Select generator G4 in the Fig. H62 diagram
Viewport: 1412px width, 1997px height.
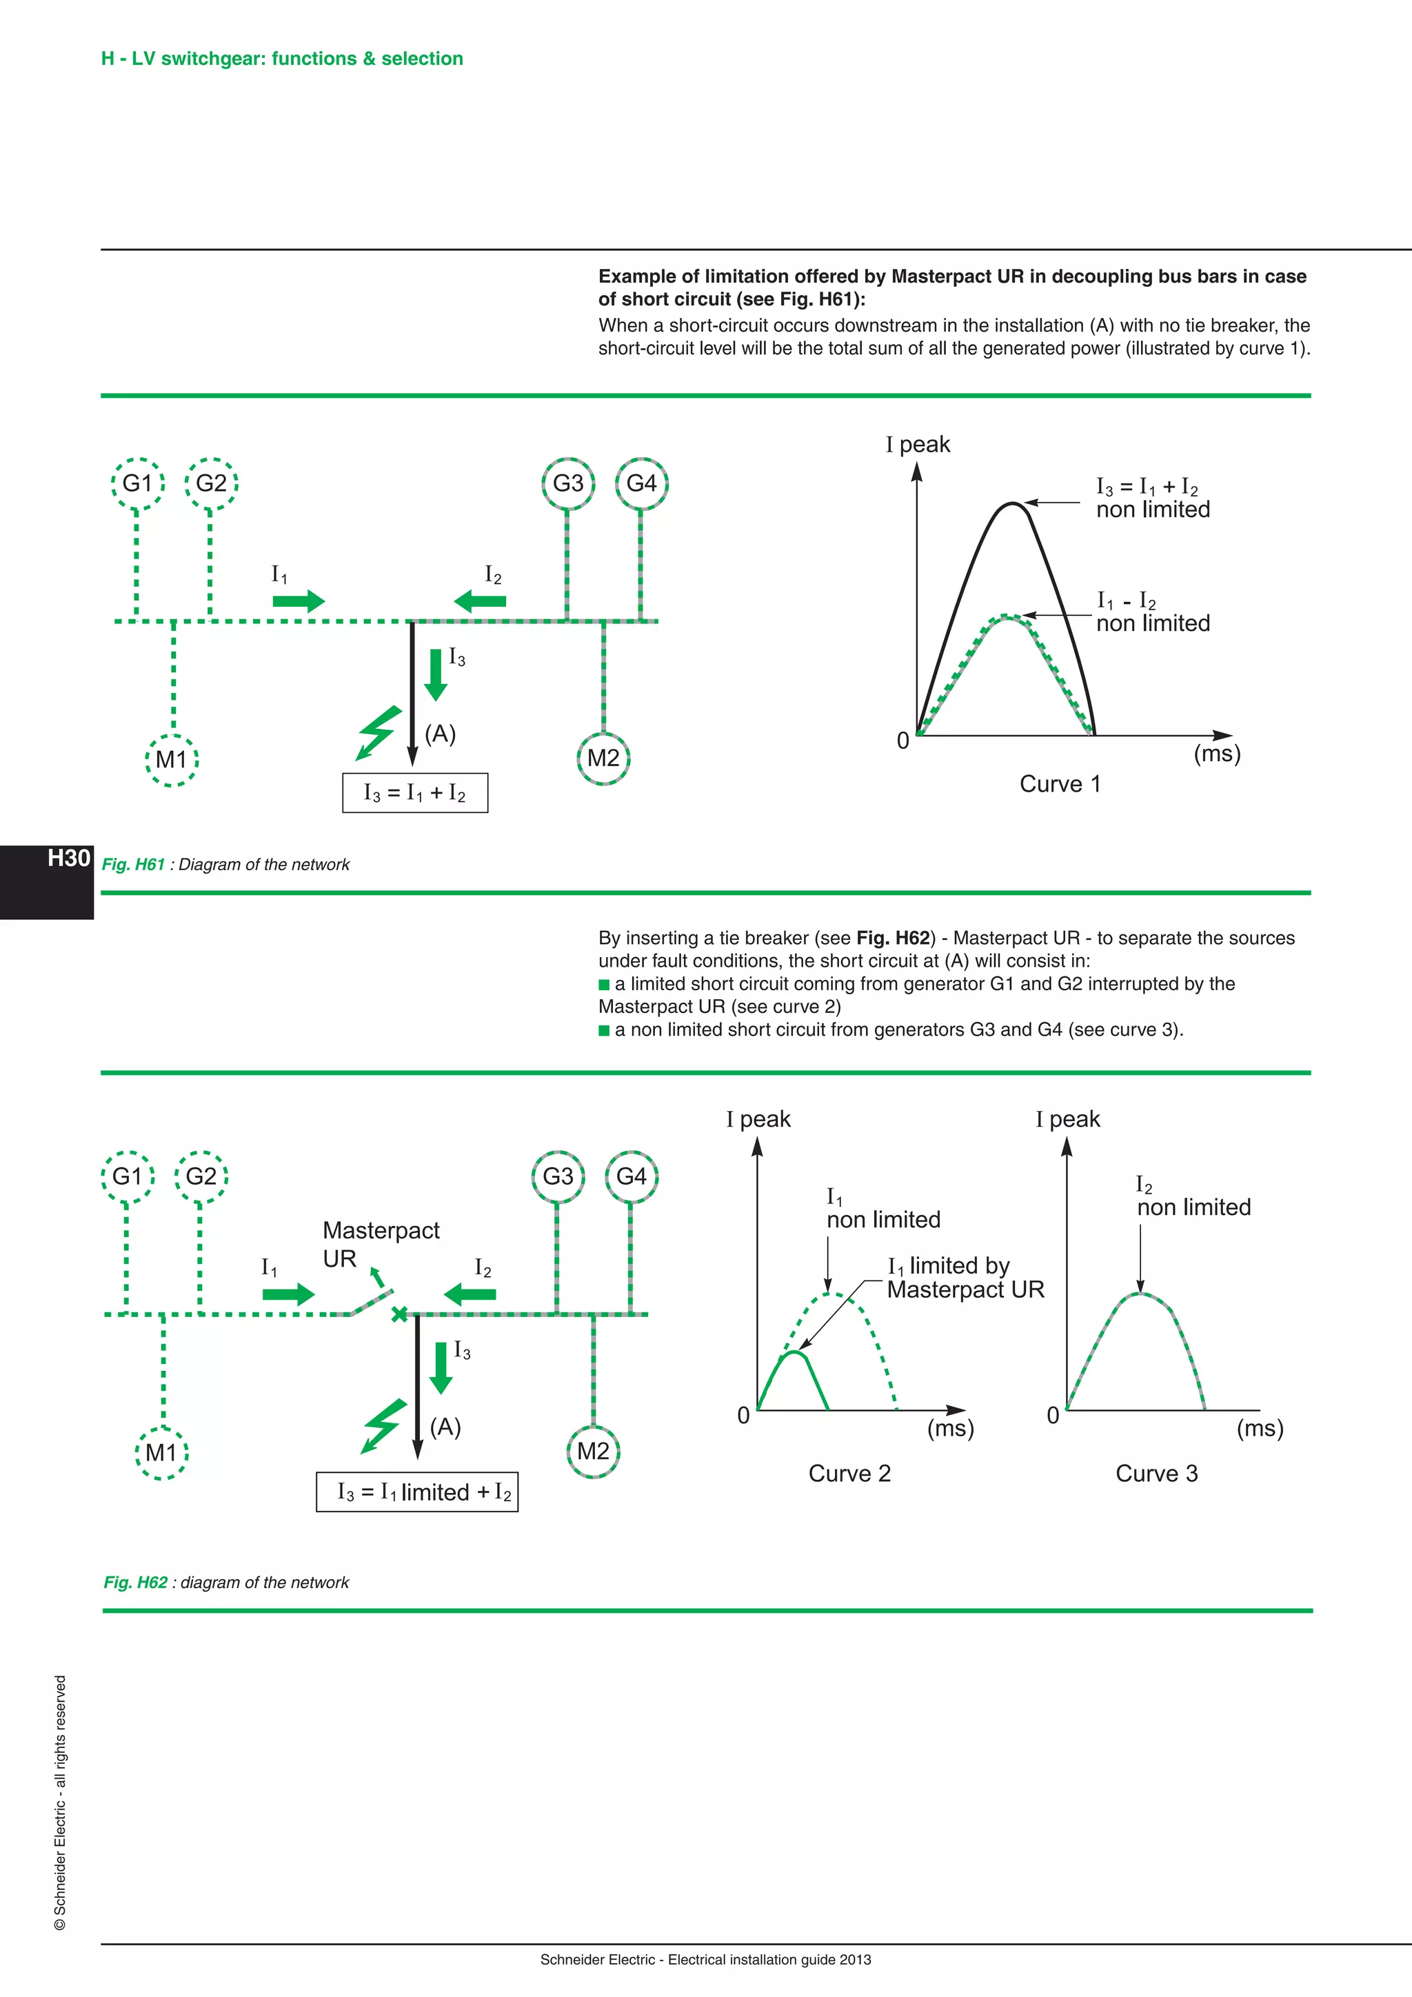[x=632, y=1177]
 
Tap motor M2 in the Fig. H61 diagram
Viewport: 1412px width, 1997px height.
[x=603, y=759]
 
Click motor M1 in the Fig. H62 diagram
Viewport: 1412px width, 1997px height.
[x=162, y=1452]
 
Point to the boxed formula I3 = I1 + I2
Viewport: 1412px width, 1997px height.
[x=415, y=793]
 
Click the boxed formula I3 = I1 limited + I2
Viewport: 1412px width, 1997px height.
[x=417, y=1492]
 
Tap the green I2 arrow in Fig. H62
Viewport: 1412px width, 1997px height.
[x=470, y=1294]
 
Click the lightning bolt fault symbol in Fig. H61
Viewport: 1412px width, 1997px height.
[x=380, y=732]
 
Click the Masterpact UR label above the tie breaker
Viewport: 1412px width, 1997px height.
[x=380, y=1244]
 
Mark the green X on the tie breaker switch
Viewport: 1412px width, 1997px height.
[x=399, y=1314]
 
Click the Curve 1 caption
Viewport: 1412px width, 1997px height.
[x=1060, y=785]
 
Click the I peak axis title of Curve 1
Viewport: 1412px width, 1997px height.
[x=918, y=445]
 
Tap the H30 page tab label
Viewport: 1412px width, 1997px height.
[x=69, y=859]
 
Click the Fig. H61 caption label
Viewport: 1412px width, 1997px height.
[x=133, y=865]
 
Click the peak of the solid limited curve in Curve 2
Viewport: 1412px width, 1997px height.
[x=795, y=1354]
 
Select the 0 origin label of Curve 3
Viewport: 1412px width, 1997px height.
[x=1053, y=1415]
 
